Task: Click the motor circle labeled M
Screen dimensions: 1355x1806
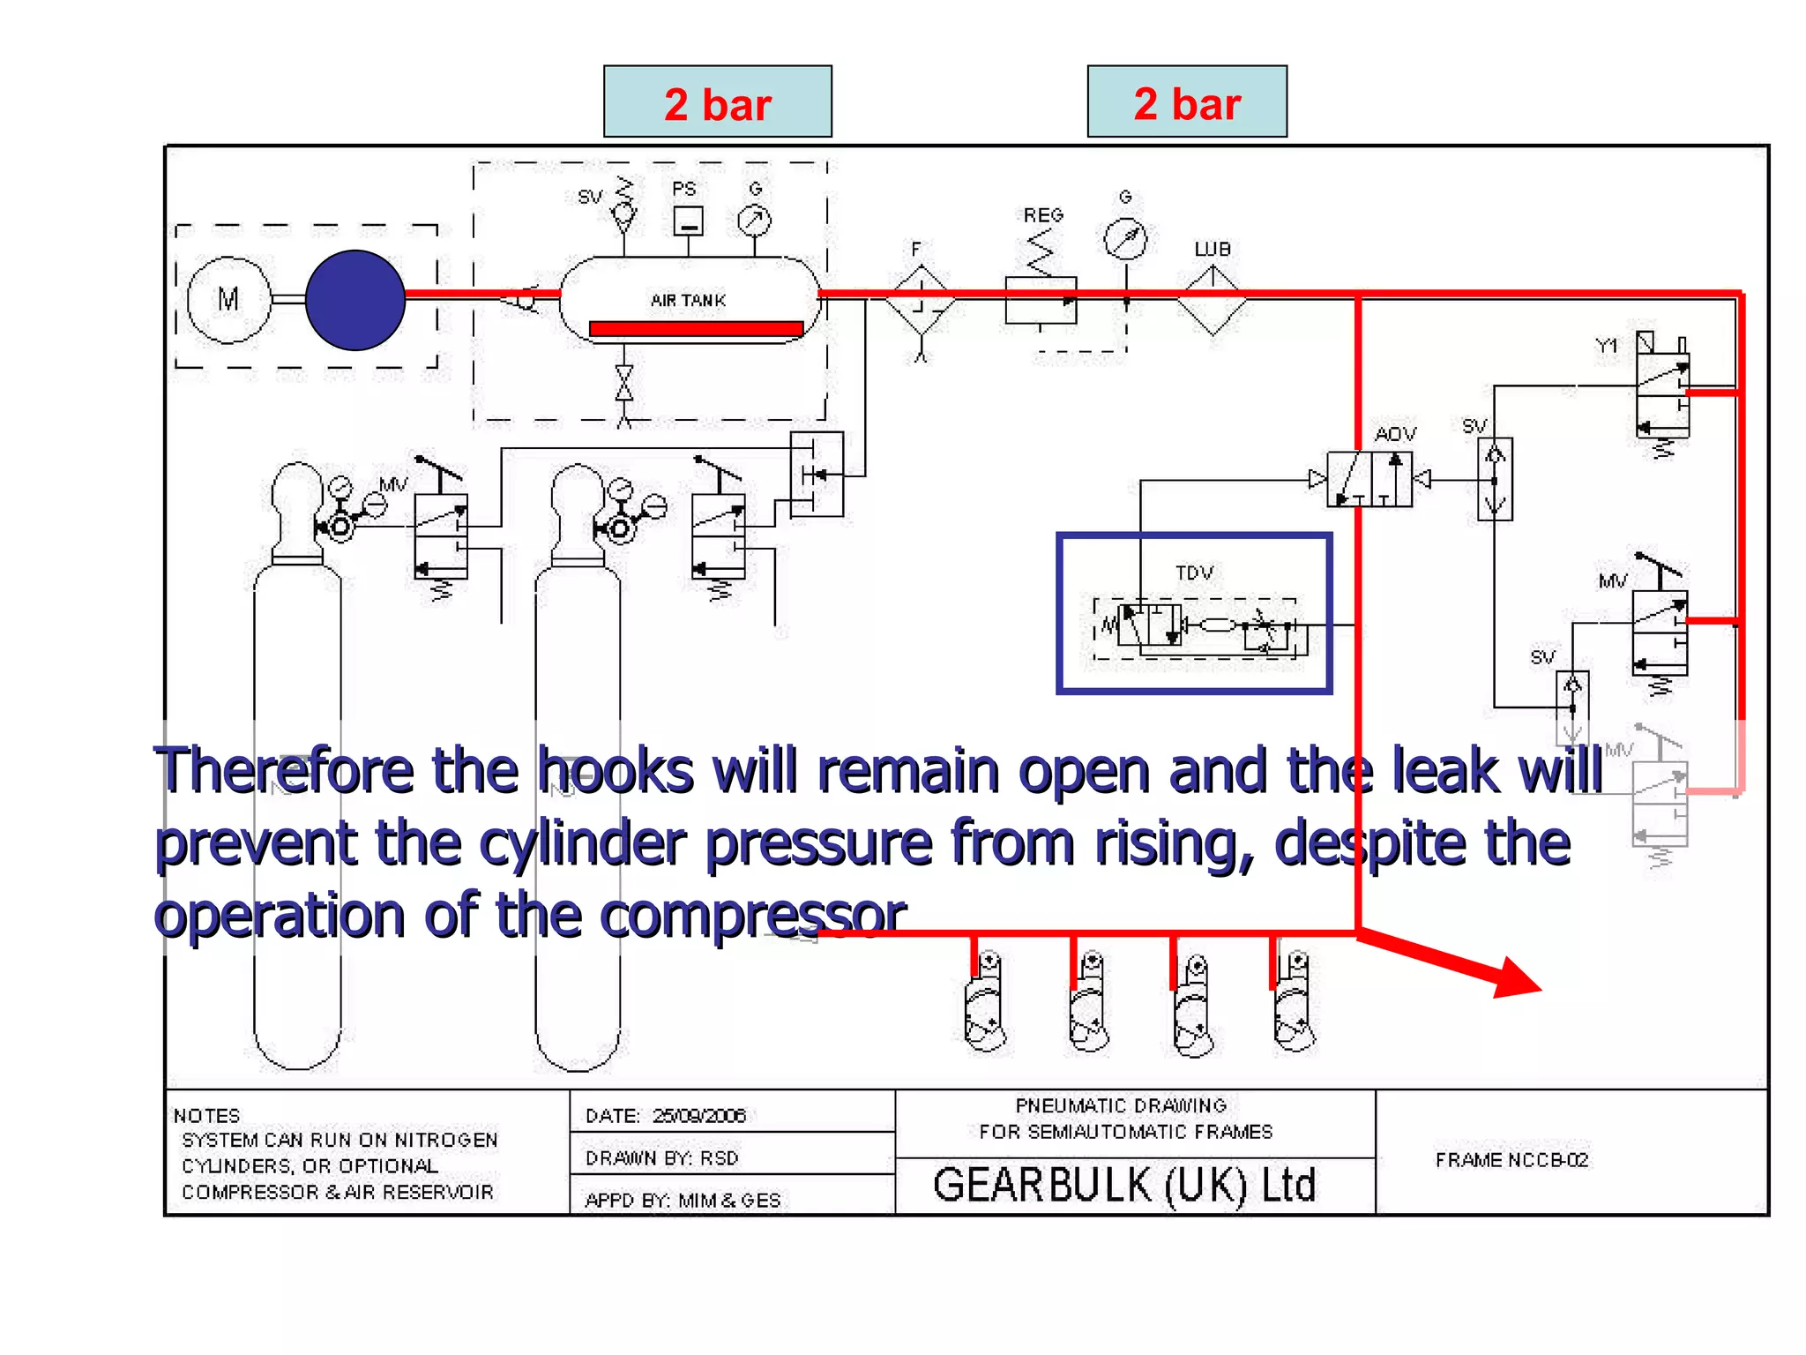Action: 228,300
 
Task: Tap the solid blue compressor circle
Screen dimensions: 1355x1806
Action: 355,300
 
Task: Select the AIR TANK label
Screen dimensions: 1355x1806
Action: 688,300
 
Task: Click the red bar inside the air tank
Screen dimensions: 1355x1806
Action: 696,329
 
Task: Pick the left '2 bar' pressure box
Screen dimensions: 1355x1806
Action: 718,101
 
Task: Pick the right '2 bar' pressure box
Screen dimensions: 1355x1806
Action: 1187,101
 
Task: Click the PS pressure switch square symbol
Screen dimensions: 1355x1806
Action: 688,221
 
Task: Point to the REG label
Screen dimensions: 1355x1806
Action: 1043,215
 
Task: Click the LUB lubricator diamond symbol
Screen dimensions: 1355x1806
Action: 1213,302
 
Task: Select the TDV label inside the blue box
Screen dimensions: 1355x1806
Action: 1194,573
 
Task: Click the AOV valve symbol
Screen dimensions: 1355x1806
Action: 1369,479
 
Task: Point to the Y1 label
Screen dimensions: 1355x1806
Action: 1607,346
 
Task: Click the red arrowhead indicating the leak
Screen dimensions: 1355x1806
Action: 1516,978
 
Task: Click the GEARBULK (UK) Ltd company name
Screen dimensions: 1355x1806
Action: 1124,1185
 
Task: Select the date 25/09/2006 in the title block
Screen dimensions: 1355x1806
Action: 699,1116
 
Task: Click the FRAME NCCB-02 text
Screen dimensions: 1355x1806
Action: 1511,1160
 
